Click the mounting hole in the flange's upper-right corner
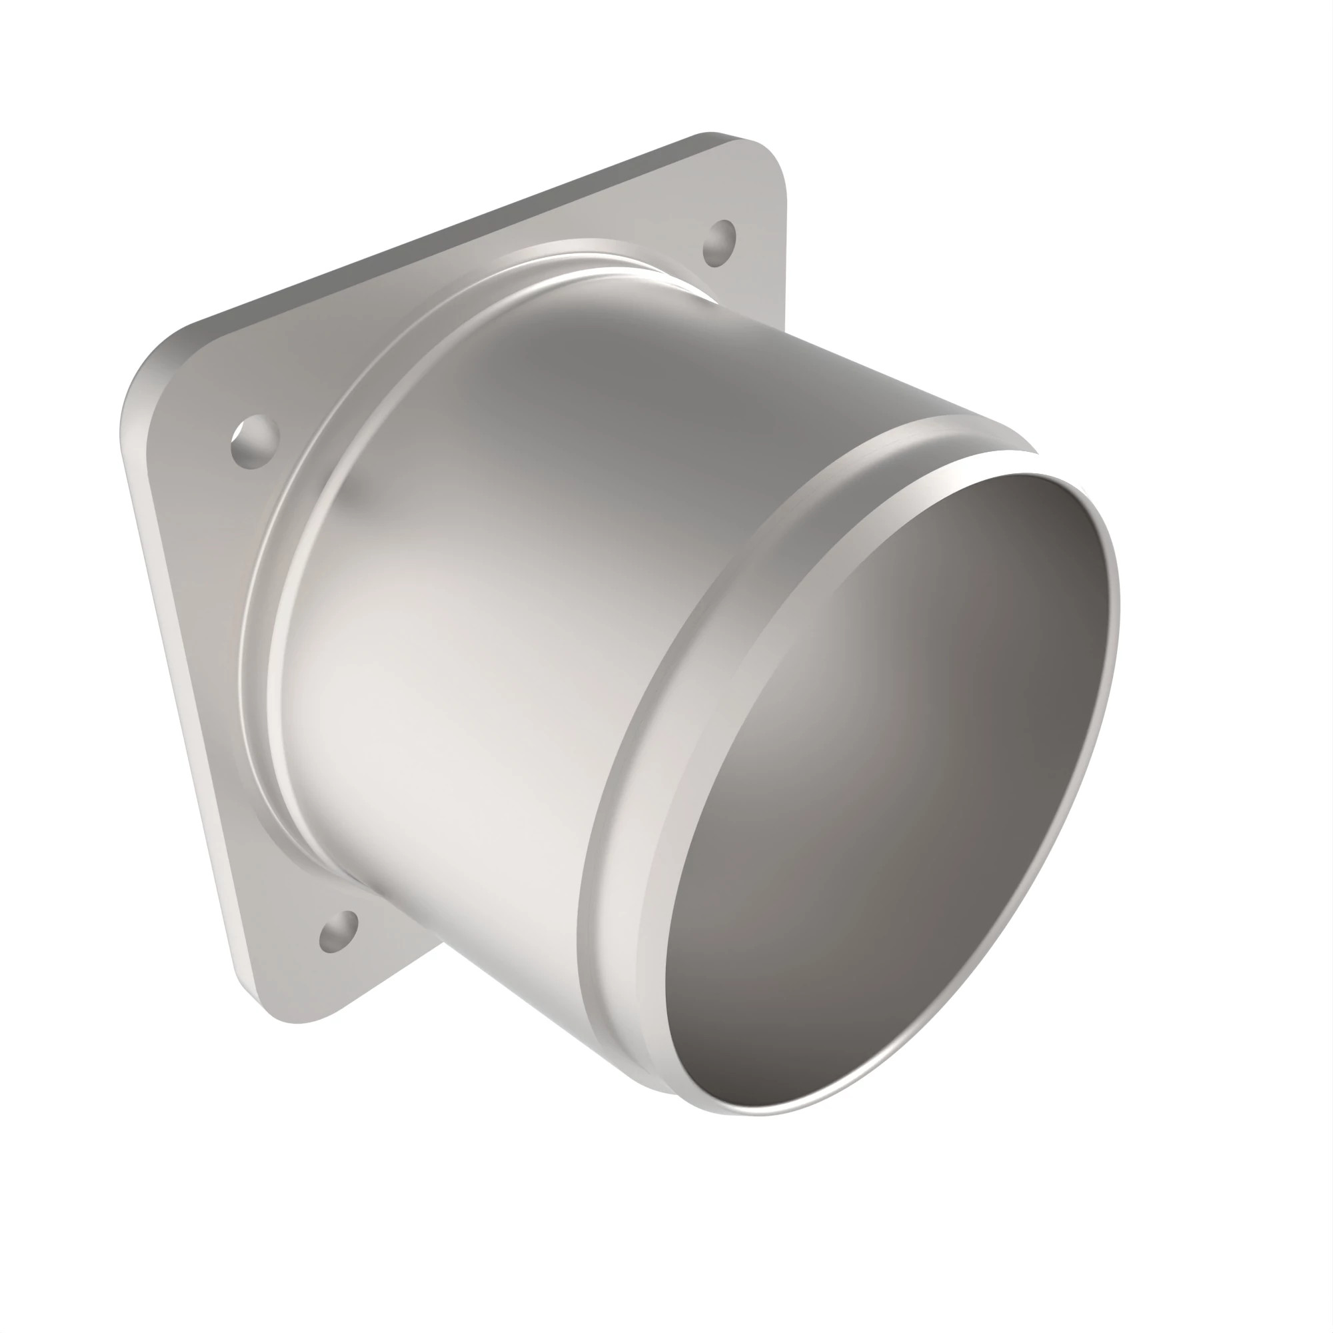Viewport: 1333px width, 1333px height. (720, 243)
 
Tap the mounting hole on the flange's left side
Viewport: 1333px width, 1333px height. (255, 442)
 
